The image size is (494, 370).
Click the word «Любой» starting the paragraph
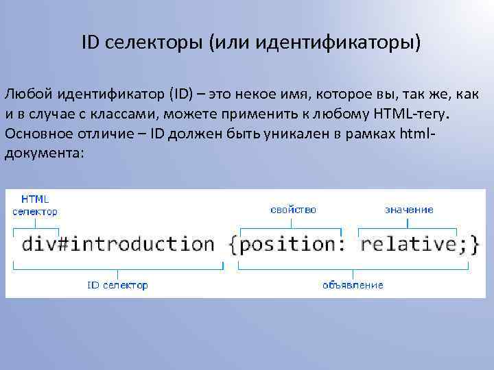(25, 93)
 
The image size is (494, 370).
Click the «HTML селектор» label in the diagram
(35, 205)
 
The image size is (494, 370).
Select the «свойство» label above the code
(293, 209)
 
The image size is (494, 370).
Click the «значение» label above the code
(409, 209)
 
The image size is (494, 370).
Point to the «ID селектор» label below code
(117, 284)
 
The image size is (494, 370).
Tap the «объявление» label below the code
(353, 284)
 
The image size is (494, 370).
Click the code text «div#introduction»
(118, 244)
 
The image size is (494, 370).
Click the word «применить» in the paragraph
(256, 112)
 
